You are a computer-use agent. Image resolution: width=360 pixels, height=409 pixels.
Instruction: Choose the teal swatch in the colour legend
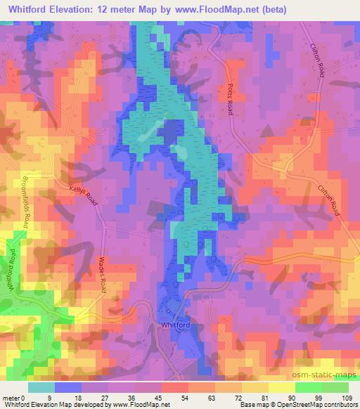click(x=41, y=387)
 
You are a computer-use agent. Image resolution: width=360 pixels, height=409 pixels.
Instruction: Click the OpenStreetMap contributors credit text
click(x=323, y=405)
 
